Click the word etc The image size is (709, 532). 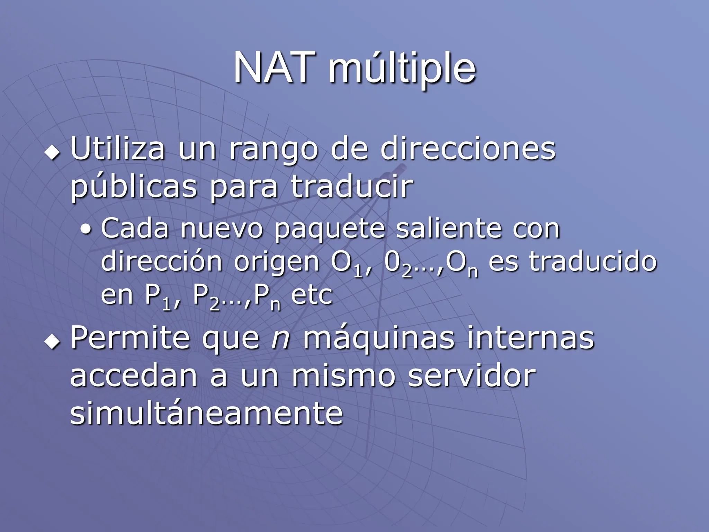312,295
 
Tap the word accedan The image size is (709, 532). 134,376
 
